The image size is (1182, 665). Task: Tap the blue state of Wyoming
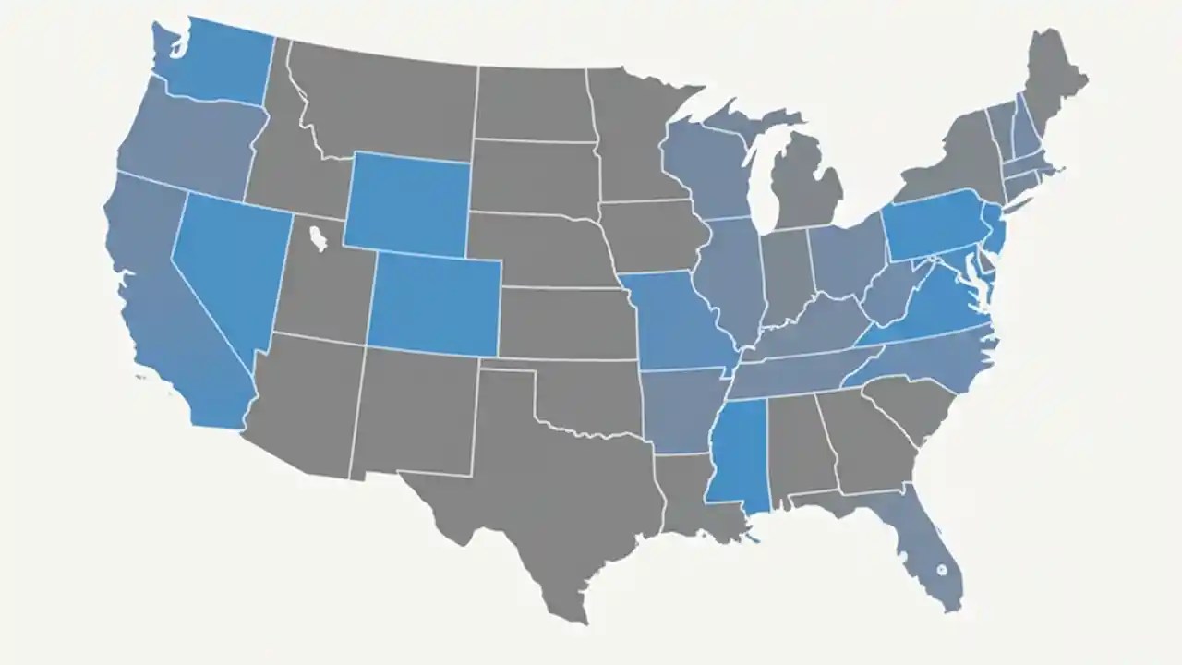coord(409,203)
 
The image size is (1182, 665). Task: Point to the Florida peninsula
coord(928,554)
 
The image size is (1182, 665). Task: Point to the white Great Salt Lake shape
coord(319,238)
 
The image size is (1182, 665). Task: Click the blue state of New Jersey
coord(992,231)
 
